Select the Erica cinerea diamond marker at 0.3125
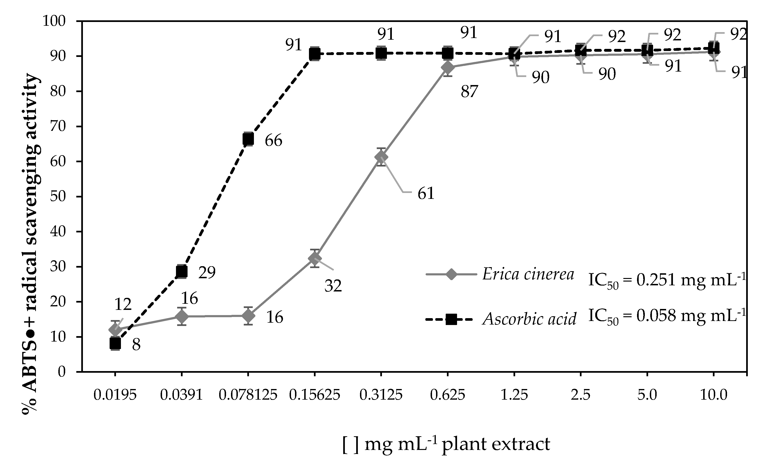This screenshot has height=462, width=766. click(x=381, y=157)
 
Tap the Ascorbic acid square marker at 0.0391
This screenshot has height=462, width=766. click(x=182, y=272)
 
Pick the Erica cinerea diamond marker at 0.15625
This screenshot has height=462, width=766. click(x=315, y=258)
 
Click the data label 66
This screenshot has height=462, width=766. click(x=273, y=141)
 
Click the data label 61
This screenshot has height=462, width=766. click(x=426, y=194)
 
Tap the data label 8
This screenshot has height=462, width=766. click(x=136, y=345)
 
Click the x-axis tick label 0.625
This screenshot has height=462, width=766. click(x=447, y=395)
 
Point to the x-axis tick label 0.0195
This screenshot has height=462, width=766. click(x=115, y=395)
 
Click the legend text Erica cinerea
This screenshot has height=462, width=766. click(x=528, y=274)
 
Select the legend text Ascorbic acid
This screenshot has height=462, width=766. click(x=529, y=319)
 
